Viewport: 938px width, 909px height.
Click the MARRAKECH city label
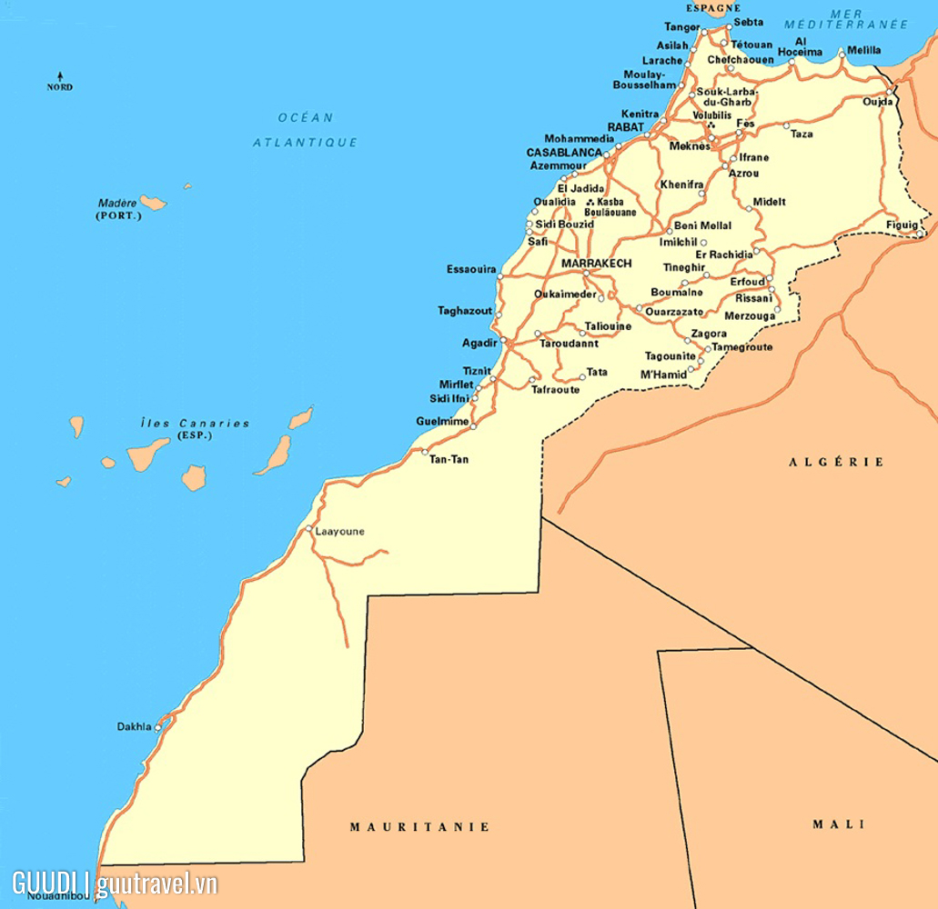pos(597,263)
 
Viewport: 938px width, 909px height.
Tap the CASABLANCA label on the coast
pos(564,153)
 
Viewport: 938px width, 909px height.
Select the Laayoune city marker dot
pos(309,529)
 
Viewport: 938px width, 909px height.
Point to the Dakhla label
pos(135,726)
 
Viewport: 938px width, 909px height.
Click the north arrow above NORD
pos(61,75)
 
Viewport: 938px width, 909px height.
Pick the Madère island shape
pos(153,203)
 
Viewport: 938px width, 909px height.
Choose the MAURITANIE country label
pos(419,826)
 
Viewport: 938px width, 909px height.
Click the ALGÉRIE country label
pos(835,462)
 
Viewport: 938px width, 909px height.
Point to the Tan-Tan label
pos(449,460)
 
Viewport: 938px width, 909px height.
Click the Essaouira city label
pos(471,269)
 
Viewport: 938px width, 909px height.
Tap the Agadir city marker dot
pos(503,341)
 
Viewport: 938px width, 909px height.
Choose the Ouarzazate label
pos(675,312)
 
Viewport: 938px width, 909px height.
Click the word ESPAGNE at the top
pos(713,8)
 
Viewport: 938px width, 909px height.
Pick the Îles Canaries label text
pos(195,424)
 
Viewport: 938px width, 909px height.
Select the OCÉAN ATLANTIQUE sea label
pos(306,130)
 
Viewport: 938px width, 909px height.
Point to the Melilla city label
pos(863,50)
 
